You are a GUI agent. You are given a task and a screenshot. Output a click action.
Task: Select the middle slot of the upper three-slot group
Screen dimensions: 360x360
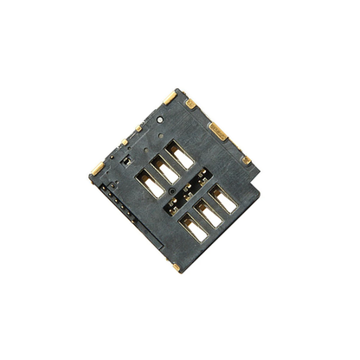coord(164,169)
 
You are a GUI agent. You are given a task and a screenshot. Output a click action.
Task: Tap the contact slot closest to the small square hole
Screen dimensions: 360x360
coord(147,183)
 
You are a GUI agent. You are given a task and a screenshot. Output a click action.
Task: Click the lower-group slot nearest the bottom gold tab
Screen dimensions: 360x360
coord(193,228)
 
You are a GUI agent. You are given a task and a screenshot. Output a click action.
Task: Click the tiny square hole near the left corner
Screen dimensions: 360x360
coord(125,160)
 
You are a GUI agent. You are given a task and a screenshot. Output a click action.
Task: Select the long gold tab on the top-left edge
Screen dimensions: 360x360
coord(170,97)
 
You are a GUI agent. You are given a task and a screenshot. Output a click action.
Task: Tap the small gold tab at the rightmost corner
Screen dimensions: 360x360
coord(246,159)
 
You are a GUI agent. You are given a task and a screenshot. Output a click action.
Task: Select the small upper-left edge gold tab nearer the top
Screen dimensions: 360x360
coord(138,128)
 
